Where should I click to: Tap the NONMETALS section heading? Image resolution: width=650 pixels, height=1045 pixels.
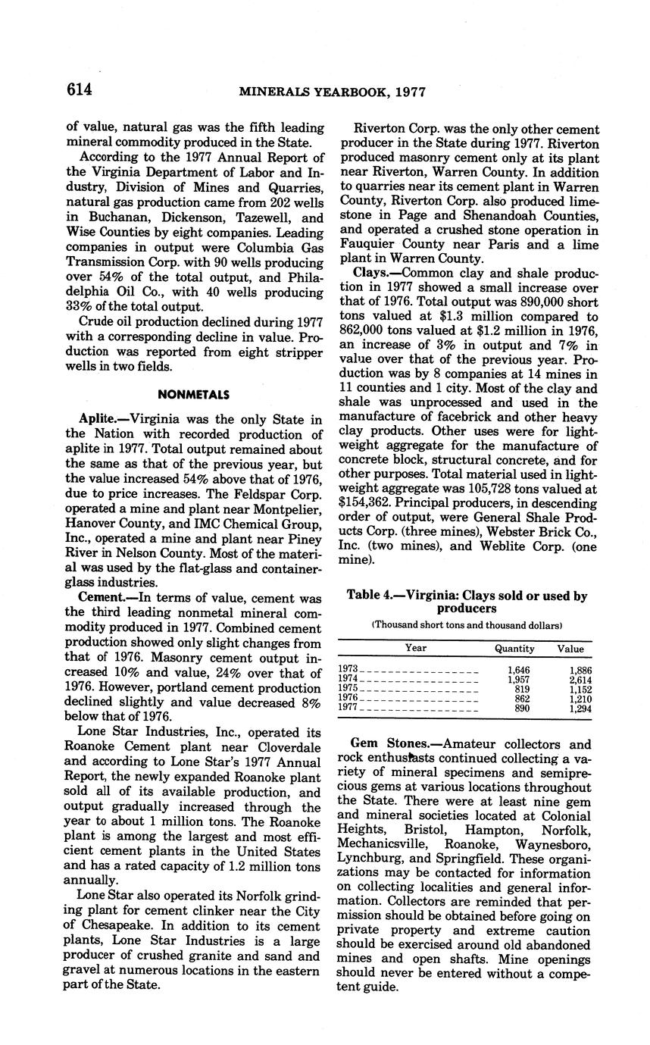tap(195, 394)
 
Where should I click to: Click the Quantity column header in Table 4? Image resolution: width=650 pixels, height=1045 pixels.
tap(514, 648)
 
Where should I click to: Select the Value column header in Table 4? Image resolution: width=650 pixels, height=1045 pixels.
tap(570, 648)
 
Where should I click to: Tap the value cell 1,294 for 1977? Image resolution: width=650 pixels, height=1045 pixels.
tap(580, 709)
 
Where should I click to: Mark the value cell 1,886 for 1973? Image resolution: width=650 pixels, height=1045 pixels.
tap(580, 671)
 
